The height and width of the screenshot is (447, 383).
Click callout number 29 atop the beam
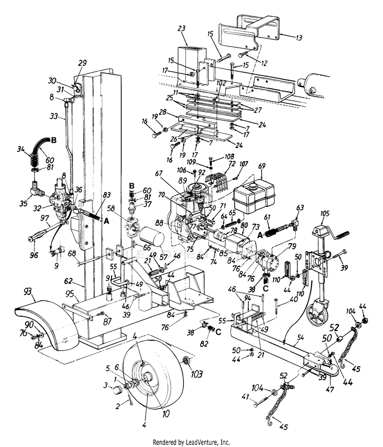pyautogui.click(x=83, y=64)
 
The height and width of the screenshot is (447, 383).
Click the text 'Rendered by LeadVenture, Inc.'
pyautogui.click(x=192, y=441)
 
